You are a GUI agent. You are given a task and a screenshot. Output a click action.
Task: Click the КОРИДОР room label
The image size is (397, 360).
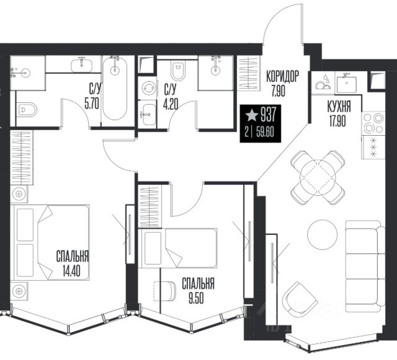pyautogui.click(x=282, y=76)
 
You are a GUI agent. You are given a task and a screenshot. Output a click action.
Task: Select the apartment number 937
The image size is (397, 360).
pyautogui.click(x=268, y=115)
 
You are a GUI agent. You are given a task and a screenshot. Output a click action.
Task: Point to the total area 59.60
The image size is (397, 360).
pyautogui.click(x=265, y=133)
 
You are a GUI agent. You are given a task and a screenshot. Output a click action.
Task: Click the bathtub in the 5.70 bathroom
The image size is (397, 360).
pyautogui.click(x=115, y=89)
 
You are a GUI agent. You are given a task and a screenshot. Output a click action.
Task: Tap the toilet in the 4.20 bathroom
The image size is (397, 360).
pyautogui.click(x=178, y=70)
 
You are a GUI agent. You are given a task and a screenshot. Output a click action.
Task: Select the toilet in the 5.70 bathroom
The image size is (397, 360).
pyautogui.click(x=27, y=110)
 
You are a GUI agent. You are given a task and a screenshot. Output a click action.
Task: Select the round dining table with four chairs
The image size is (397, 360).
pyautogui.click(x=318, y=177)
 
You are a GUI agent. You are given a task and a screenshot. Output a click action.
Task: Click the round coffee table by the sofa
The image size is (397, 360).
pyautogui.click(x=323, y=235)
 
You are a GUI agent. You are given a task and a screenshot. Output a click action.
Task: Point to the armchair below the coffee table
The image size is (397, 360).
pyautogui.click(x=300, y=299)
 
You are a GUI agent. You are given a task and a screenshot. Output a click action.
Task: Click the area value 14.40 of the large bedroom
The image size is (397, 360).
pyautogui.click(x=71, y=272)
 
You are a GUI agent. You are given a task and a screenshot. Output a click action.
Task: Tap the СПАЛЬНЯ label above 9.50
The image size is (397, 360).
pyautogui.click(x=198, y=284)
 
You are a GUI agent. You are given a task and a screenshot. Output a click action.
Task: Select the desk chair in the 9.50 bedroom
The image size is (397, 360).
pyautogui.click(x=165, y=291)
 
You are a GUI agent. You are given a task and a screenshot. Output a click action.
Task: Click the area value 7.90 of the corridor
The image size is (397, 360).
pyautogui.click(x=279, y=91)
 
